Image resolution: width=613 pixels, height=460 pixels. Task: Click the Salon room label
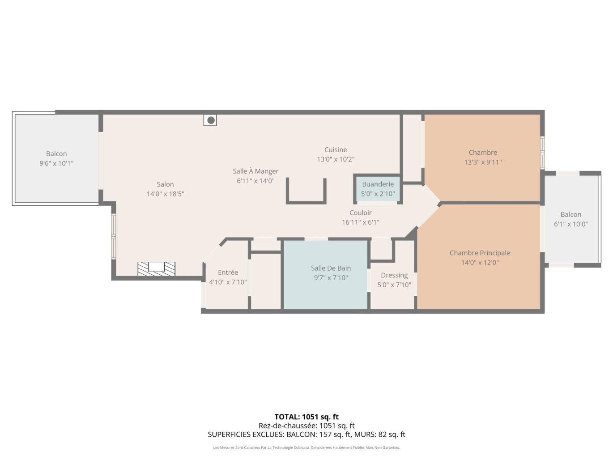[165, 184]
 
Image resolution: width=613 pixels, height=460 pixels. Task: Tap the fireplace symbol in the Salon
[156, 268]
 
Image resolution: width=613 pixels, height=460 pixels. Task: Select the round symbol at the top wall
[210, 120]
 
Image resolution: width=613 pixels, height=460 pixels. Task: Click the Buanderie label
[378, 184]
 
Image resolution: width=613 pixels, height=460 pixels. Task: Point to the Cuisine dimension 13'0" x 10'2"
[336, 159]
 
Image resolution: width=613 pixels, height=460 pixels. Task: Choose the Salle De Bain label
[331, 268]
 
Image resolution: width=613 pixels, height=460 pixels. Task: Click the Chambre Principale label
[480, 253]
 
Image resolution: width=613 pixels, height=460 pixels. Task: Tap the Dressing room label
[394, 276]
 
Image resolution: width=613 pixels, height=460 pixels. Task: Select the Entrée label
[228, 273]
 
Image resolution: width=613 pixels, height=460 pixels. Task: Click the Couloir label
[360, 213]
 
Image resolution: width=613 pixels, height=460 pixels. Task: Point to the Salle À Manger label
[255, 171]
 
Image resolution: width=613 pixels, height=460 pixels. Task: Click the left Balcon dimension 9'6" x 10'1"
[56, 163]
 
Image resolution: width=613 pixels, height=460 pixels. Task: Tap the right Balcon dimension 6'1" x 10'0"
[570, 224]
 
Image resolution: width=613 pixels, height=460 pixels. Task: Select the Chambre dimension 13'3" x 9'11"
[483, 162]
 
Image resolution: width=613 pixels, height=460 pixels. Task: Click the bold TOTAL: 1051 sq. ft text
[306, 417]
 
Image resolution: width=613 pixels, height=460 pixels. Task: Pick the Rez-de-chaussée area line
[306, 426]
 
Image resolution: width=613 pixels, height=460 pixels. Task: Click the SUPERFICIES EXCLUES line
[306, 434]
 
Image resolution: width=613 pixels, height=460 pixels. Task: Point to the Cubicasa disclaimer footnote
[306, 447]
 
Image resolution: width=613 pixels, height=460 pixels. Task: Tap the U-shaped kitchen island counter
[306, 201]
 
